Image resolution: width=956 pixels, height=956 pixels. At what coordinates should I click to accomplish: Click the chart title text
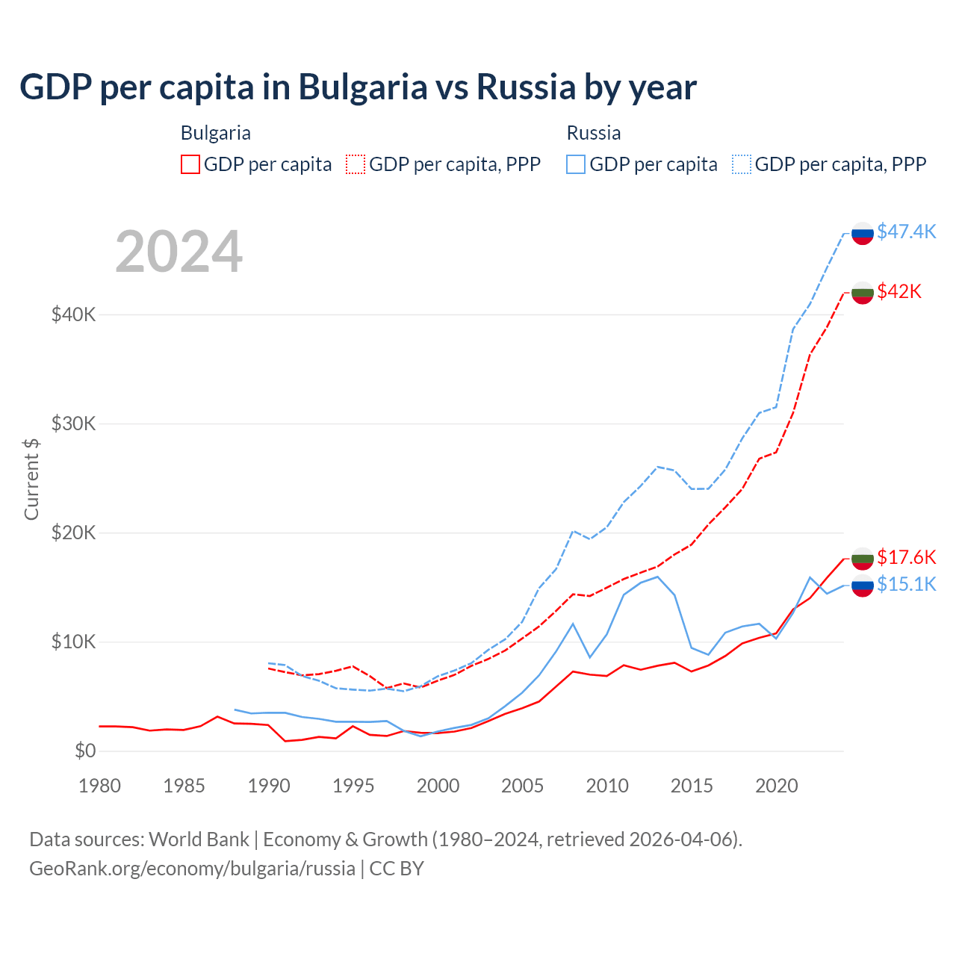point(358,87)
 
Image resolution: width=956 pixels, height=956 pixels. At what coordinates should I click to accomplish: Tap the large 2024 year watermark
point(179,252)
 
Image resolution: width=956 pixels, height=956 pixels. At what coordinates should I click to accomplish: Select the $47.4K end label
point(906,232)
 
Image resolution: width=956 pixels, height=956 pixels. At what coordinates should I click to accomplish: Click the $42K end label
point(899,291)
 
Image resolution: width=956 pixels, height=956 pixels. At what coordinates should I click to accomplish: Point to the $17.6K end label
point(906,557)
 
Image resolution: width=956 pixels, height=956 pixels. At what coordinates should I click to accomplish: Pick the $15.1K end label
point(906,584)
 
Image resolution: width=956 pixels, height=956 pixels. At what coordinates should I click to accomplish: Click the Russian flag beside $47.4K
point(863,233)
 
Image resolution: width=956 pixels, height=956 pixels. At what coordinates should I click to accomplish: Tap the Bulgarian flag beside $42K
point(863,293)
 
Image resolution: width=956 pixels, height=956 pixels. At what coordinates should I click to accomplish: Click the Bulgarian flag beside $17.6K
point(863,559)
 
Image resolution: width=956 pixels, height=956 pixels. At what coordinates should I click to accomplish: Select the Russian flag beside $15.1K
point(863,586)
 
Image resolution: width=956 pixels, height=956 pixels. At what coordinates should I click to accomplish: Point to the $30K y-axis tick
point(73,424)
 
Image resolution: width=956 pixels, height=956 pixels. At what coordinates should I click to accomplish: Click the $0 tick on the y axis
point(85,751)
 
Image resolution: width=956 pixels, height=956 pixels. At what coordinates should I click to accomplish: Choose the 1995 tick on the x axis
point(353,786)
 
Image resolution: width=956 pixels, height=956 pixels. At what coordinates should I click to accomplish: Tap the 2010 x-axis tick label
point(607,786)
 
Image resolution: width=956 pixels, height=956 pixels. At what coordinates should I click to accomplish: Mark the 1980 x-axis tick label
point(99,786)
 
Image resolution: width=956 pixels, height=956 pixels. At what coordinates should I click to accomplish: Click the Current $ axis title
point(31,479)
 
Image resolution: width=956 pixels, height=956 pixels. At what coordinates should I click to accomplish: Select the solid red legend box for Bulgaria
point(190,164)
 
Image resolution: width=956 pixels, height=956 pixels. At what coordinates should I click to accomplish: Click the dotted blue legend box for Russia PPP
point(742,164)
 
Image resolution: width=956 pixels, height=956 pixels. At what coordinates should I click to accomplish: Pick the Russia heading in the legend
point(594,133)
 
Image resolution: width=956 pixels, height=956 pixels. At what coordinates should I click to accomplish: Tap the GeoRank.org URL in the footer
point(192,869)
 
